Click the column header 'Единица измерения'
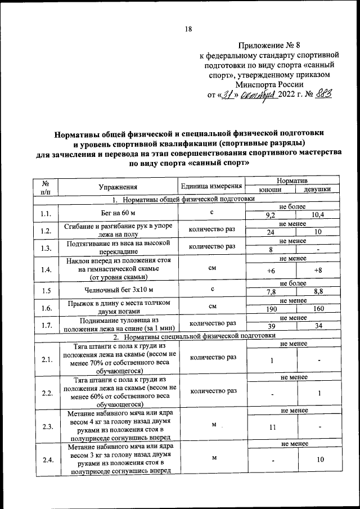pyautogui.click(x=212, y=186)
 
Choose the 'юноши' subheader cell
pyautogui.click(x=270, y=190)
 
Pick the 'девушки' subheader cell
pyautogui.click(x=317, y=190)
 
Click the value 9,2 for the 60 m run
pyautogui.click(x=270, y=215)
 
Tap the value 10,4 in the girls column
pyautogui.click(x=318, y=215)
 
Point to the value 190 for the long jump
pyautogui.click(x=270, y=309)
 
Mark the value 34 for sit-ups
pyautogui.click(x=318, y=327)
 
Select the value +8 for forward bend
pyautogui.click(x=318, y=271)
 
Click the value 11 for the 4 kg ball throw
pyautogui.click(x=272, y=427)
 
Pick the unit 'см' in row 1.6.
pyautogui.click(x=212, y=307)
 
